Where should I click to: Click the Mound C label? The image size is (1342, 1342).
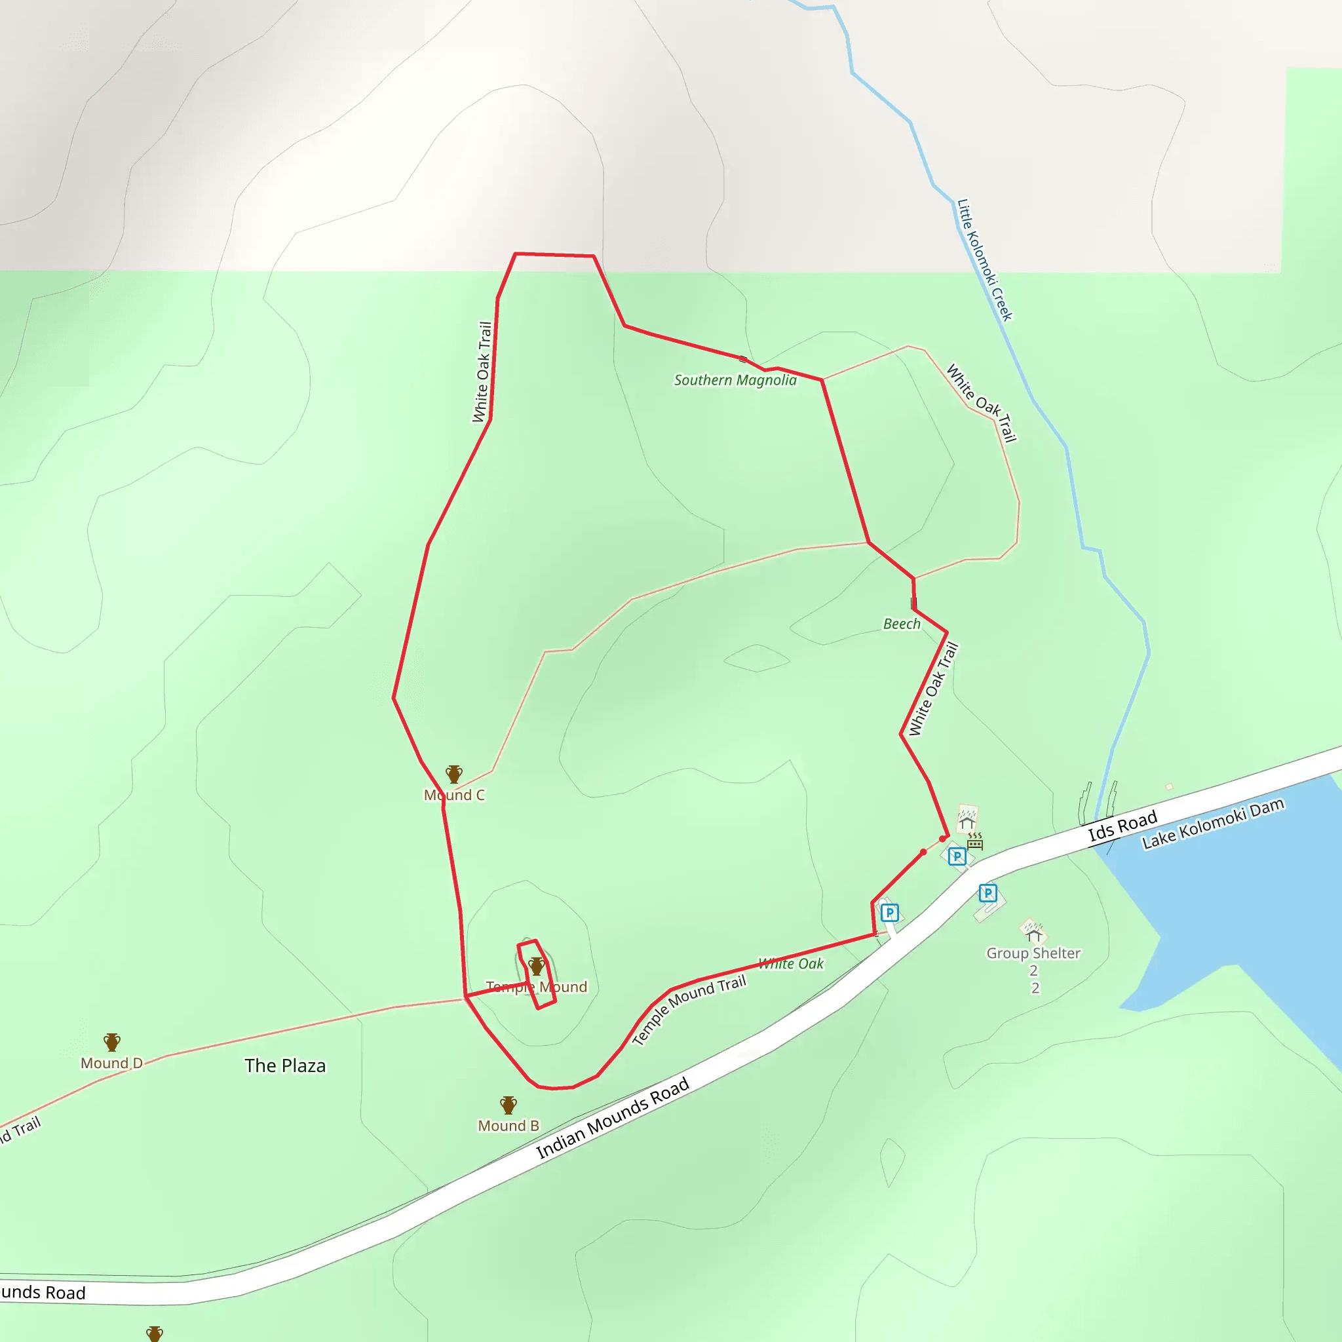(x=454, y=796)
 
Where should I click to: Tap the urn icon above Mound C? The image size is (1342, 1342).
(x=454, y=774)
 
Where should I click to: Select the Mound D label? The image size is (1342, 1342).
(x=111, y=1064)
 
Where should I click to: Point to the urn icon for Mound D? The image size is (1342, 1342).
(x=112, y=1042)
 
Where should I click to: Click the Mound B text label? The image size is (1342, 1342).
(x=508, y=1126)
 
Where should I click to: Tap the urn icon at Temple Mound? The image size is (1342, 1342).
(x=536, y=965)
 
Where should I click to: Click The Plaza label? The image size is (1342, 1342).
(x=285, y=1065)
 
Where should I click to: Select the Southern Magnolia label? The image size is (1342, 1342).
(x=735, y=380)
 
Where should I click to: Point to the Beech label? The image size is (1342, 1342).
(x=902, y=624)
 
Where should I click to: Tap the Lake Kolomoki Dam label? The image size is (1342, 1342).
(x=1213, y=824)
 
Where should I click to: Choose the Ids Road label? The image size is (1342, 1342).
(x=1122, y=826)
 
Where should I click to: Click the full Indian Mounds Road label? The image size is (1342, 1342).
(x=613, y=1119)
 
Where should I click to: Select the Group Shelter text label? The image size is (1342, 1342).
(x=1033, y=953)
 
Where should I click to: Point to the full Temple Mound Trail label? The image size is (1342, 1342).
(x=689, y=1010)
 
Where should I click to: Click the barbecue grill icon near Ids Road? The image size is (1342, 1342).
(x=975, y=842)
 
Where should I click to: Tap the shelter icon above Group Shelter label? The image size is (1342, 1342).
(x=1033, y=930)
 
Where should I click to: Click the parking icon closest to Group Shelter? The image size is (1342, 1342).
(x=987, y=893)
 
